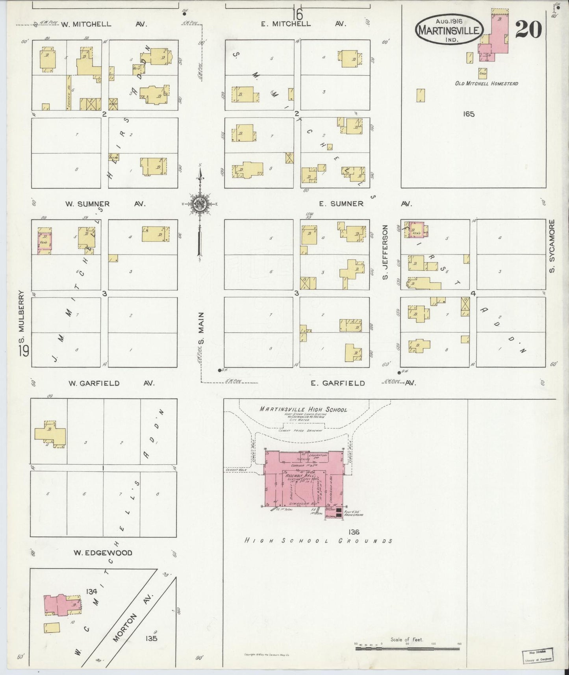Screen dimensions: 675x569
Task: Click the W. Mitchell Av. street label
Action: pos(104,24)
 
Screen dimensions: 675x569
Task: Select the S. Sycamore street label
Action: pos(552,246)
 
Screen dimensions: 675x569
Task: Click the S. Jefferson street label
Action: pos(385,252)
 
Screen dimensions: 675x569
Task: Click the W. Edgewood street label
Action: pos(103,553)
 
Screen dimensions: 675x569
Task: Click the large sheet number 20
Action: pos(528,30)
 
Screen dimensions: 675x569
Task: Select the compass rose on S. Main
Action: pos(200,204)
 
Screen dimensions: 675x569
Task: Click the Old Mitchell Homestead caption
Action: pos(486,83)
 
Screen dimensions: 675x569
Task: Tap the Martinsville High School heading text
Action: pos(303,410)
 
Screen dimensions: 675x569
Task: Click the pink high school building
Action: pos(303,478)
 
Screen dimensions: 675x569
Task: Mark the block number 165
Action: pos(469,114)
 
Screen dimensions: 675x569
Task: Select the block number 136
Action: pos(354,532)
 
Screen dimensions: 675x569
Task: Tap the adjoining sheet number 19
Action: pos(23,350)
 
